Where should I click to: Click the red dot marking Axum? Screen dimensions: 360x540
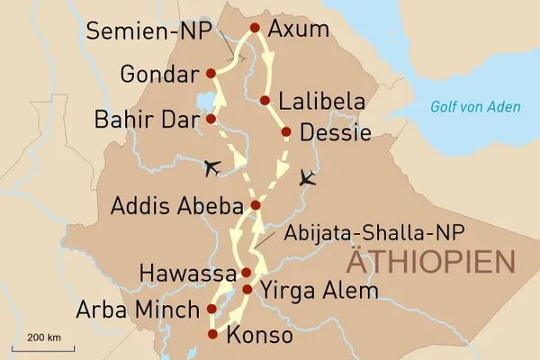point(255,28)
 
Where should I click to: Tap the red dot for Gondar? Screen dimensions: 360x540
point(211,73)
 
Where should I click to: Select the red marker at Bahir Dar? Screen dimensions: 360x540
point(211,118)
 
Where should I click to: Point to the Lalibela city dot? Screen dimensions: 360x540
point(265,101)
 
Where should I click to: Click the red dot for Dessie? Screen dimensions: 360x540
point(286,132)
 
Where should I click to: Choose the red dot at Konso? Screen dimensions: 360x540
point(212,334)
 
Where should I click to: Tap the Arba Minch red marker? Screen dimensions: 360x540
point(211,309)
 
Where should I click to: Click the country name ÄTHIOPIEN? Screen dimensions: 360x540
point(432,264)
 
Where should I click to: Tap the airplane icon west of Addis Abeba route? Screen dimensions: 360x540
point(212,166)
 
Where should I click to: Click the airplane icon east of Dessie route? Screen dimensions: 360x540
point(309,177)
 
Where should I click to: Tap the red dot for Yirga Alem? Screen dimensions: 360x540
point(247,290)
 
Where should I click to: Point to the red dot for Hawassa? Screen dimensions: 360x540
point(246,272)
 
